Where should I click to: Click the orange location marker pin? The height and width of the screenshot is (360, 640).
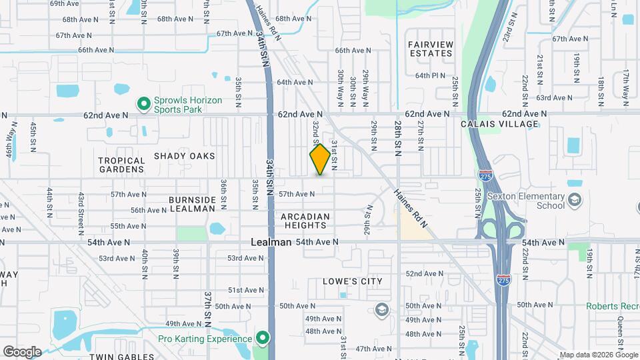[321, 159]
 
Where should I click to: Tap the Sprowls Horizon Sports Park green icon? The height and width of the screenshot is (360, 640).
[143, 104]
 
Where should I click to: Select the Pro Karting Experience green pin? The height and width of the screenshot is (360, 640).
[263, 339]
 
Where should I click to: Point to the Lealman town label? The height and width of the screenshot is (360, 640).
[271, 242]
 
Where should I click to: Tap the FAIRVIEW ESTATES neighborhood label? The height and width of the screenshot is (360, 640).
[431, 49]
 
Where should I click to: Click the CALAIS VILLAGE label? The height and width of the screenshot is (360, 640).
[499, 124]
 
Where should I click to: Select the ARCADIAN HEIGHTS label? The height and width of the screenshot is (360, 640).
[305, 221]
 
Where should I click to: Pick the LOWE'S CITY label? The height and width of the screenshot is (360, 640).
[353, 281]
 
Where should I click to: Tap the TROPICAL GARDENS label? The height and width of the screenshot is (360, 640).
[121, 165]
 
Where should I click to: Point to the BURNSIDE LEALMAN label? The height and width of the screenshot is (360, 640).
[192, 204]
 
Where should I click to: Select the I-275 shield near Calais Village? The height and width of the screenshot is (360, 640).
[485, 176]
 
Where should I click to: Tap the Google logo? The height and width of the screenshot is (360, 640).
[22, 351]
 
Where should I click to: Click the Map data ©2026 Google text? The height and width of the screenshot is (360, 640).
[597, 355]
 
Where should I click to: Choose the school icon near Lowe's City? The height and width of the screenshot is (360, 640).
[381, 310]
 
